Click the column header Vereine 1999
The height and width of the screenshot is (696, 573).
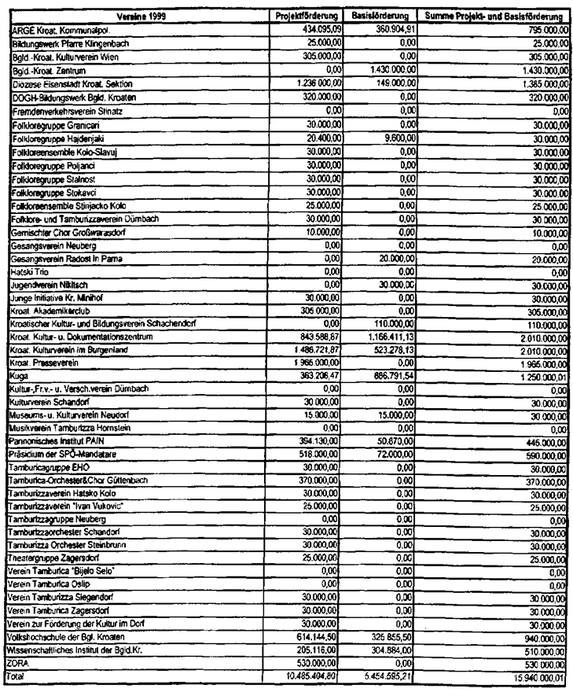coord(137,17)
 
